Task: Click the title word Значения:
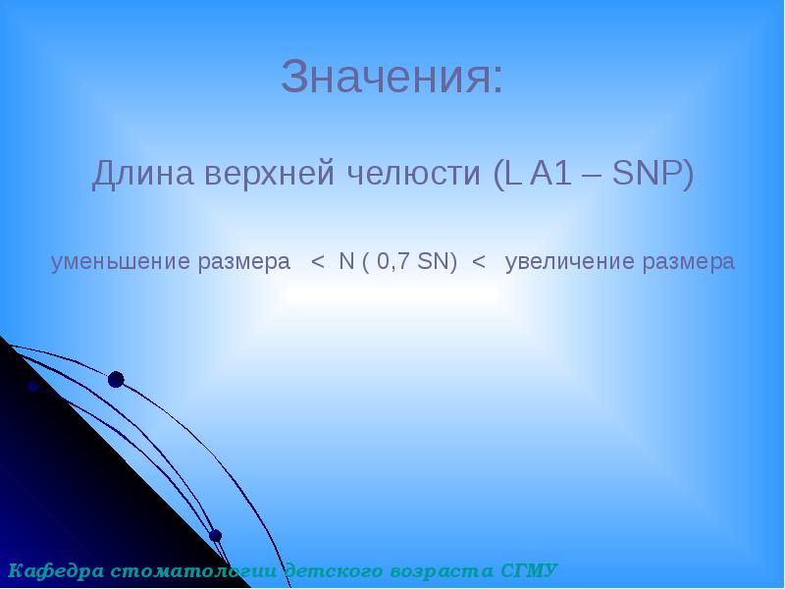tap(392, 78)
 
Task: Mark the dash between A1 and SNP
tap(595, 177)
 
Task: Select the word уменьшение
tap(120, 262)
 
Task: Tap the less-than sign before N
tap(317, 262)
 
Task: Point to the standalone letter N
tap(345, 262)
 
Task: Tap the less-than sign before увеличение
tap(479, 262)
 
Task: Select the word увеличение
tap(569, 262)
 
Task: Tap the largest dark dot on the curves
tap(116, 379)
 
